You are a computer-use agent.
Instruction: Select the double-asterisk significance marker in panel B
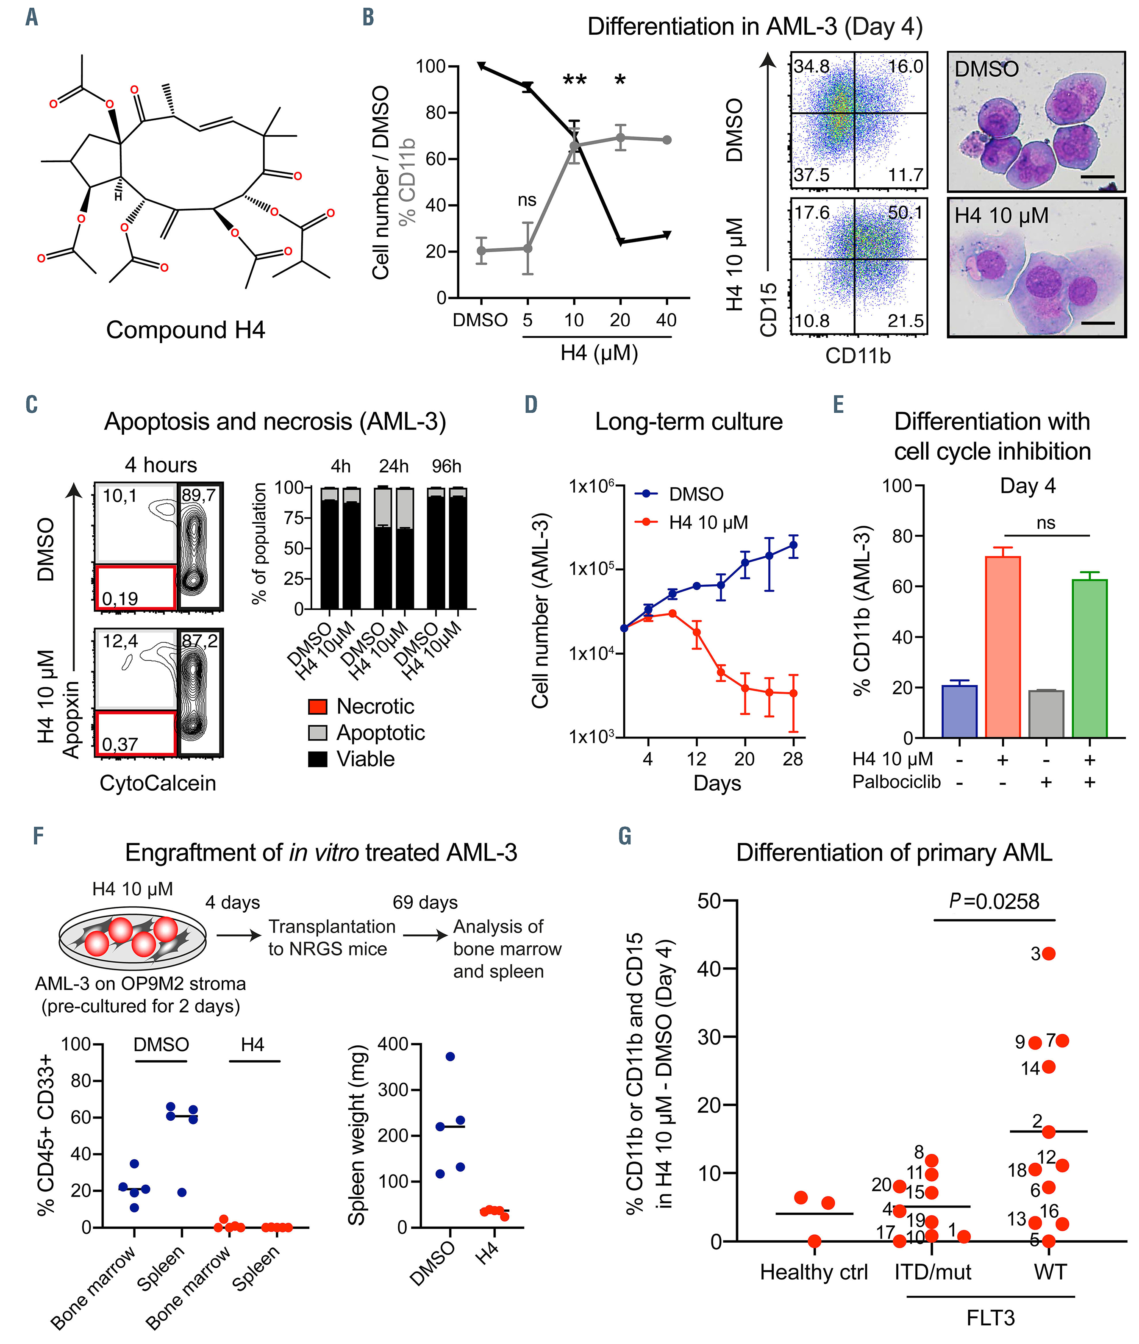point(574,81)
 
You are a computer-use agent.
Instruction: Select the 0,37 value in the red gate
point(119,744)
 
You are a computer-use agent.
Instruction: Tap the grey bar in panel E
point(1046,714)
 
